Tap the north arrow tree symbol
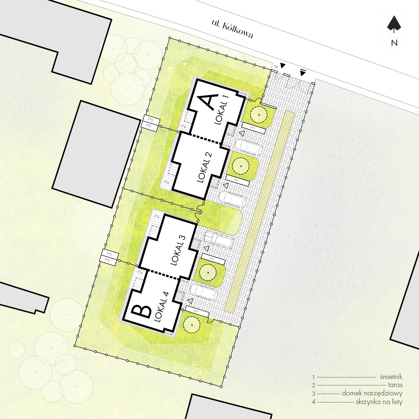(x=394, y=26)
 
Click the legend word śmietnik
(x=391, y=377)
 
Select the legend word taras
(x=395, y=385)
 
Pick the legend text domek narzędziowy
(x=372, y=393)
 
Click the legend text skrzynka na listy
(x=379, y=402)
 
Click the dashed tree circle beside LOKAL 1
(x=258, y=114)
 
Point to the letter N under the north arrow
(x=394, y=43)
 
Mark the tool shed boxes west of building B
(x=109, y=257)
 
